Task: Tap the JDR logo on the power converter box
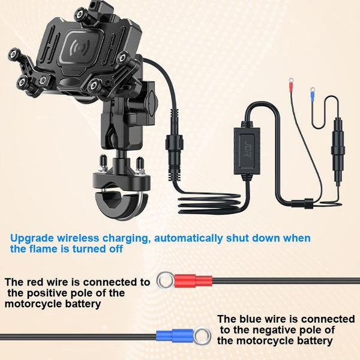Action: pos(247,149)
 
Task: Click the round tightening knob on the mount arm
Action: pos(152,100)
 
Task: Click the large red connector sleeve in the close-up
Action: pos(193,281)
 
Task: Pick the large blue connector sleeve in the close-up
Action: pos(175,336)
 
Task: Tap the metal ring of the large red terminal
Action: pos(166,281)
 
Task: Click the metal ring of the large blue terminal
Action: pos(202,336)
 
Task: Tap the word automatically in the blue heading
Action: pos(188,239)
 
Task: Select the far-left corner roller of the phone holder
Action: pos(14,54)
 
